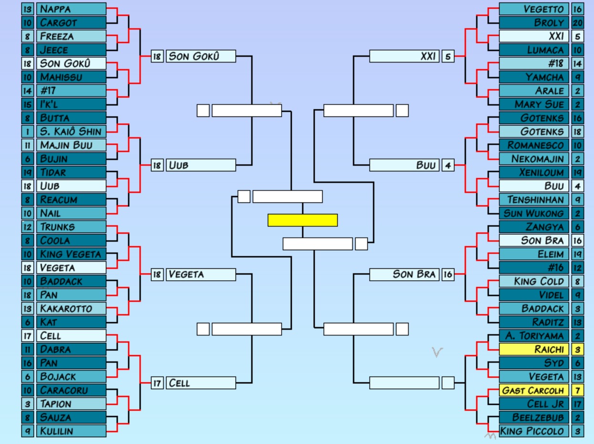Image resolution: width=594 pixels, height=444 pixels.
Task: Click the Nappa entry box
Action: pos(71,9)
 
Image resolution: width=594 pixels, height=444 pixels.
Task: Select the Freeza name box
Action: pos(71,36)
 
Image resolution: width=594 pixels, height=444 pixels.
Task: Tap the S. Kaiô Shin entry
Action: pos(71,131)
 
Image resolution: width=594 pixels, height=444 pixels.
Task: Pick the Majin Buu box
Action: pos(71,145)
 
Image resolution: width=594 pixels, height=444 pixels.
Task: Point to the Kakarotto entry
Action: pos(71,308)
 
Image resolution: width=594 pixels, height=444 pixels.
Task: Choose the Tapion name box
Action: pos(71,404)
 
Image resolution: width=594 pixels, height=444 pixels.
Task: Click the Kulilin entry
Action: pos(71,431)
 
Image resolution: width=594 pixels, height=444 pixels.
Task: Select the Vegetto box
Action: pos(534,9)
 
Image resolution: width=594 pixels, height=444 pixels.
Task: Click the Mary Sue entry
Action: pos(534,104)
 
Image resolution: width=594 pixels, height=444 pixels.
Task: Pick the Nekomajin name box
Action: pos(534,159)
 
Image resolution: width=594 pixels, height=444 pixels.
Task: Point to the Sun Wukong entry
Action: pos(534,213)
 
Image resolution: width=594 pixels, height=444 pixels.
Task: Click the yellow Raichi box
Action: pos(534,349)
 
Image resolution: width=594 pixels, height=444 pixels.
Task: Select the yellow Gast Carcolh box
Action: pos(534,390)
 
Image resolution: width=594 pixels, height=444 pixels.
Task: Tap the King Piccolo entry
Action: pos(534,431)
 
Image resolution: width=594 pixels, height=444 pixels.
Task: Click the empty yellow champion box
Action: pos(302,220)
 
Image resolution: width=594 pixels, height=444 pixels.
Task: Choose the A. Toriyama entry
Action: pos(534,336)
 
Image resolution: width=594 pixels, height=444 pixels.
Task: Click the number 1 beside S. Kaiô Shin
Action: pos(28,131)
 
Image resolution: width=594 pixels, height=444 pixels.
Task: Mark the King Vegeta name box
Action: pos(71,254)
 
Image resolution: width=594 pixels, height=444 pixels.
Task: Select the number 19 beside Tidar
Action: pos(28,172)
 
